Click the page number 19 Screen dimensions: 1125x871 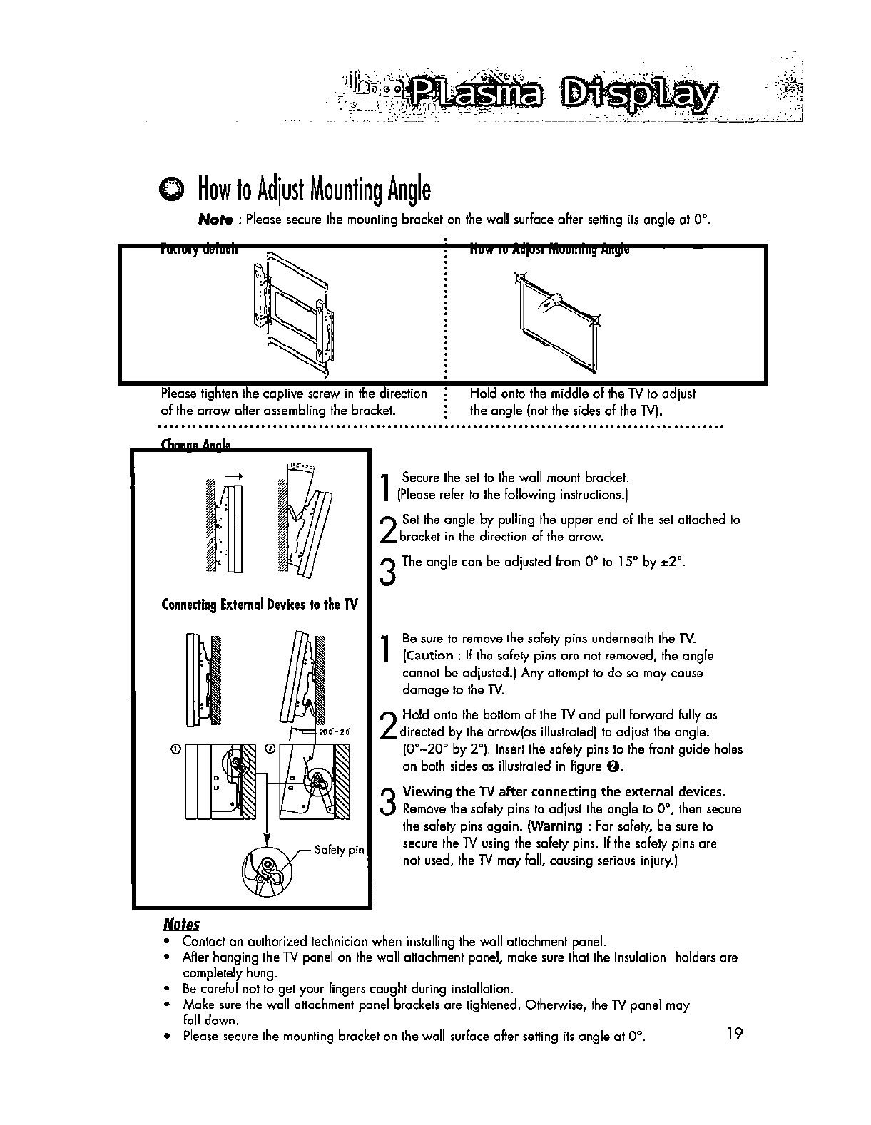pos(734,1033)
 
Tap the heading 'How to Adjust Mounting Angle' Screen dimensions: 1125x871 pos(314,189)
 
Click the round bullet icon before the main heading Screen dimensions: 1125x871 pos(172,189)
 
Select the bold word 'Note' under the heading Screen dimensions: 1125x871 pos(214,220)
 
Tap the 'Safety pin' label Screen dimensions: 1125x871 pos(339,850)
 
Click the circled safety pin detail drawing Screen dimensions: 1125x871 pos(267,870)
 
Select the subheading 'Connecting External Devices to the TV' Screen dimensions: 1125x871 pos(260,605)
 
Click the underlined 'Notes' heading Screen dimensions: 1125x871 pos(180,925)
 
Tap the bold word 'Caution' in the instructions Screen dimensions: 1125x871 pos(429,655)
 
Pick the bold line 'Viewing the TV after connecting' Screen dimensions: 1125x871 pos(564,791)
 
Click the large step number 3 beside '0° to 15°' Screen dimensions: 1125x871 pos(388,570)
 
